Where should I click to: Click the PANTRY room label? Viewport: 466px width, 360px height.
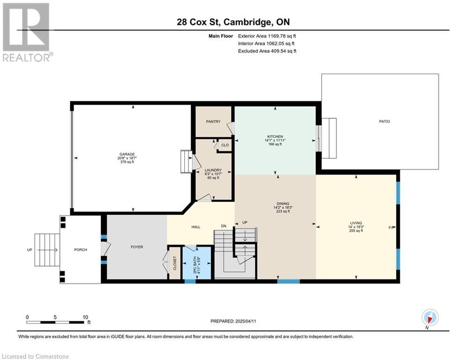click(213, 121)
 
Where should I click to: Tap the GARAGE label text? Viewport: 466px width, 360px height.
click(127, 154)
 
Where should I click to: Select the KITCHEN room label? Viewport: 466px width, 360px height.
click(275, 136)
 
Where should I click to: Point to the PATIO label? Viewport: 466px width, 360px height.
click(384, 121)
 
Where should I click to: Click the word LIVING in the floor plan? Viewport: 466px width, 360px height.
click(356, 223)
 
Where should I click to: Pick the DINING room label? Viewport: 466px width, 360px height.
click(282, 204)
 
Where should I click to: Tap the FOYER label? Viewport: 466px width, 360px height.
click(137, 247)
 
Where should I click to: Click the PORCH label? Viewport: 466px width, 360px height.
click(81, 250)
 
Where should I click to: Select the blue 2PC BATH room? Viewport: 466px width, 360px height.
click(197, 262)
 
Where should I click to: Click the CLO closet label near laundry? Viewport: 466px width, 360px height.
click(225, 145)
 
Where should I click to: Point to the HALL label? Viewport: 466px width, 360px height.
click(196, 227)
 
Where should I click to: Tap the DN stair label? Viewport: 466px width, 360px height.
click(223, 226)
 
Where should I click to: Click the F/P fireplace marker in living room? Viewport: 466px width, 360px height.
click(391, 228)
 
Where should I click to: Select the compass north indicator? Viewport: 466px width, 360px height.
click(430, 317)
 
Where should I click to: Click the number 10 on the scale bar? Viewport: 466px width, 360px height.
click(85, 317)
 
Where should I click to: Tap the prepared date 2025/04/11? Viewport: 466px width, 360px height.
click(246, 321)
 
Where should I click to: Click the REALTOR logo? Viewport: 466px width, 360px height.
click(27, 32)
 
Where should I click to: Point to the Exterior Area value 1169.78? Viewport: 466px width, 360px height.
click(276, 36)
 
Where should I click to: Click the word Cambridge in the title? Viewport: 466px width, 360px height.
click(247, 22)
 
